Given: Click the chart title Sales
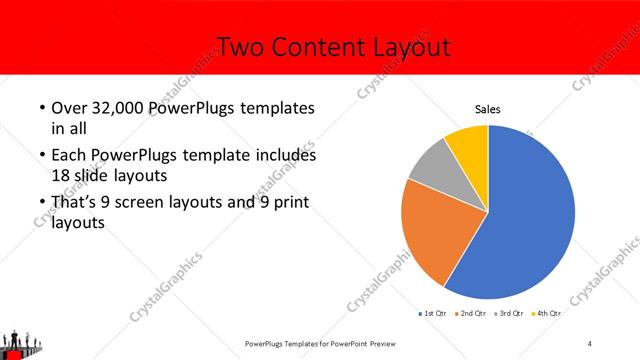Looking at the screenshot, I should [x=487, y=110].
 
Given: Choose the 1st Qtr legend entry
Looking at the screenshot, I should [x=433, y=314].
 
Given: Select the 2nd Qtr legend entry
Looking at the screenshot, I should [x=473, y=314].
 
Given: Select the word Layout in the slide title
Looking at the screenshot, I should [x=407, y=47].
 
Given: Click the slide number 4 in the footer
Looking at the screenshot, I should [x=589, y=344].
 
